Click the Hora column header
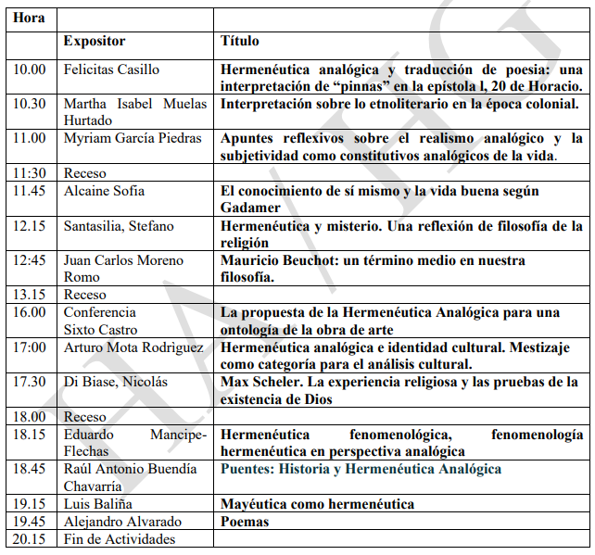[30, 18]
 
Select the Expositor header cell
[94, 42]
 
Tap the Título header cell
[239, 42]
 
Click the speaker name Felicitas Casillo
[111, 69]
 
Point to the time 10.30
[30, 105]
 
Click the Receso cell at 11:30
[85, 173]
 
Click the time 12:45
[30, 261]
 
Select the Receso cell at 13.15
[85, 295]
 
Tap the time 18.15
[30, 435]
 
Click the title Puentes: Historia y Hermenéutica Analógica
[361, 469]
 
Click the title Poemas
[245, 522]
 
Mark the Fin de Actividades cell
[119, 539]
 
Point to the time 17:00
[30, 347]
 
